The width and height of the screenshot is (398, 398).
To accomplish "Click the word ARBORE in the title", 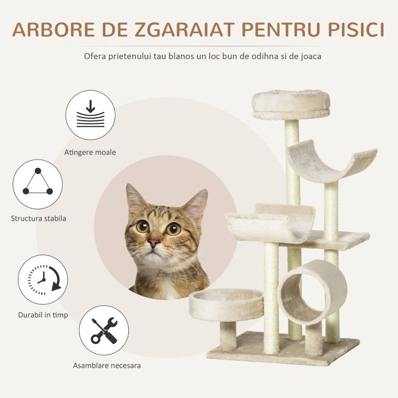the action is tap(54, 30).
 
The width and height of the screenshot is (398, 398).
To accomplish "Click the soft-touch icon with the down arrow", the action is tap(91, 115).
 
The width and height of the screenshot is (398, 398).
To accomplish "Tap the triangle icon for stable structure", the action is tap(38, 184).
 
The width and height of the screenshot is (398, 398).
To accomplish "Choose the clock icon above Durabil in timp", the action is tap(43, 280).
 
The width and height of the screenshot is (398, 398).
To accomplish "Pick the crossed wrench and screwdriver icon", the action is tap(104, 330).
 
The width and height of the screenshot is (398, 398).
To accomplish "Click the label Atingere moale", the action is tap(90, 152).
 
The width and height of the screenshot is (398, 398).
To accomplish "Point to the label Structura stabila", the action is tap(38, 218).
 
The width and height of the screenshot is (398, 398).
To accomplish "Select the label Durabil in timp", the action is tap(43, 315).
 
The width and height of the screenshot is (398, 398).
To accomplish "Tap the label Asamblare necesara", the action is tap(107, 366).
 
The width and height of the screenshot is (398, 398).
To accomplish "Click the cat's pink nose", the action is tap(154, 242).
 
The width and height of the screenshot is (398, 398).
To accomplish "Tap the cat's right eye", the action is tap(173, 229).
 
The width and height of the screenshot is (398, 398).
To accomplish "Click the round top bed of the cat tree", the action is tap(291, 104).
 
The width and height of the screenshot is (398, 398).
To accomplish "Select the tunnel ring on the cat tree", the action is tap(313, 292).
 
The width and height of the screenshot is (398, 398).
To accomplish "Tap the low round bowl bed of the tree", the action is tap(226, 304).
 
